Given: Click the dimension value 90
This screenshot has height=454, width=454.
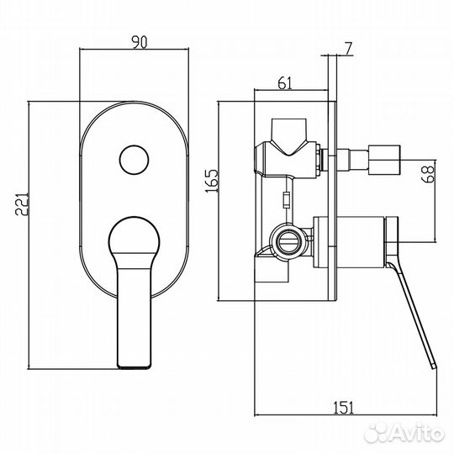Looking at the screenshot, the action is [x=140, y=42].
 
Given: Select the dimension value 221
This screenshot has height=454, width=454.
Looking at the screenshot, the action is [x=22, y=203].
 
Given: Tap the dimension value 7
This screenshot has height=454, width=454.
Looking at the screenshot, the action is [x=348, y=49].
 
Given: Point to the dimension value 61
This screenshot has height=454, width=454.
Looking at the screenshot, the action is [x=285, y=83].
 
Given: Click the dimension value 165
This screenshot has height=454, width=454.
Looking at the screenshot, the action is [x=212, y=182].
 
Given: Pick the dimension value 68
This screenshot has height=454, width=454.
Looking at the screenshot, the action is [x=429, y=173].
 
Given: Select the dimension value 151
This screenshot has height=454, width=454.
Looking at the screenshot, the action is [x=343, y=408].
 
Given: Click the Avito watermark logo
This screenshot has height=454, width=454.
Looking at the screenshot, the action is [x=404, y=432].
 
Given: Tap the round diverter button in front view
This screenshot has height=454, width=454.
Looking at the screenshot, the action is [x=134, y=160].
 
